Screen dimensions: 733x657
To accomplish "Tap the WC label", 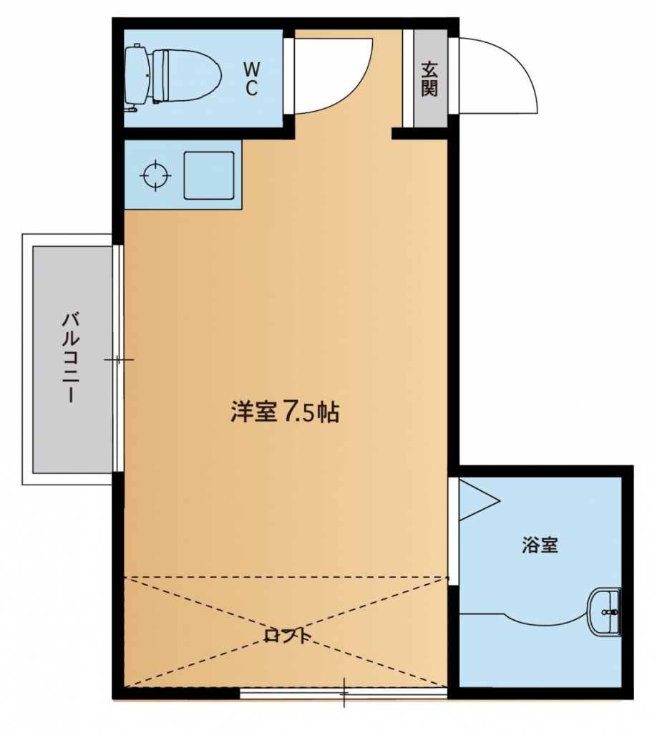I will [x=251, y=79].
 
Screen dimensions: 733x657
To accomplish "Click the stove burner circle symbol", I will [x=155, y=175].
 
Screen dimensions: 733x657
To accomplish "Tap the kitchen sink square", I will [x=209, y=175].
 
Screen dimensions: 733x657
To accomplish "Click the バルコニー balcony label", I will [x=69, y=356].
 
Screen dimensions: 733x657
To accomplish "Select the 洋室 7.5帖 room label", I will [x=285, y=413].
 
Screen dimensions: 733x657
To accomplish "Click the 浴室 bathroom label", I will [x=540, y=546].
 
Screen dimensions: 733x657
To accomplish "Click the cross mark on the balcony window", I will [x=118, y=359].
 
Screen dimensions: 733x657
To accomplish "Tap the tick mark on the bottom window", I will [x=344, y=693].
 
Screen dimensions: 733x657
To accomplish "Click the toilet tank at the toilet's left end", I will [x=136, y=74].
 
